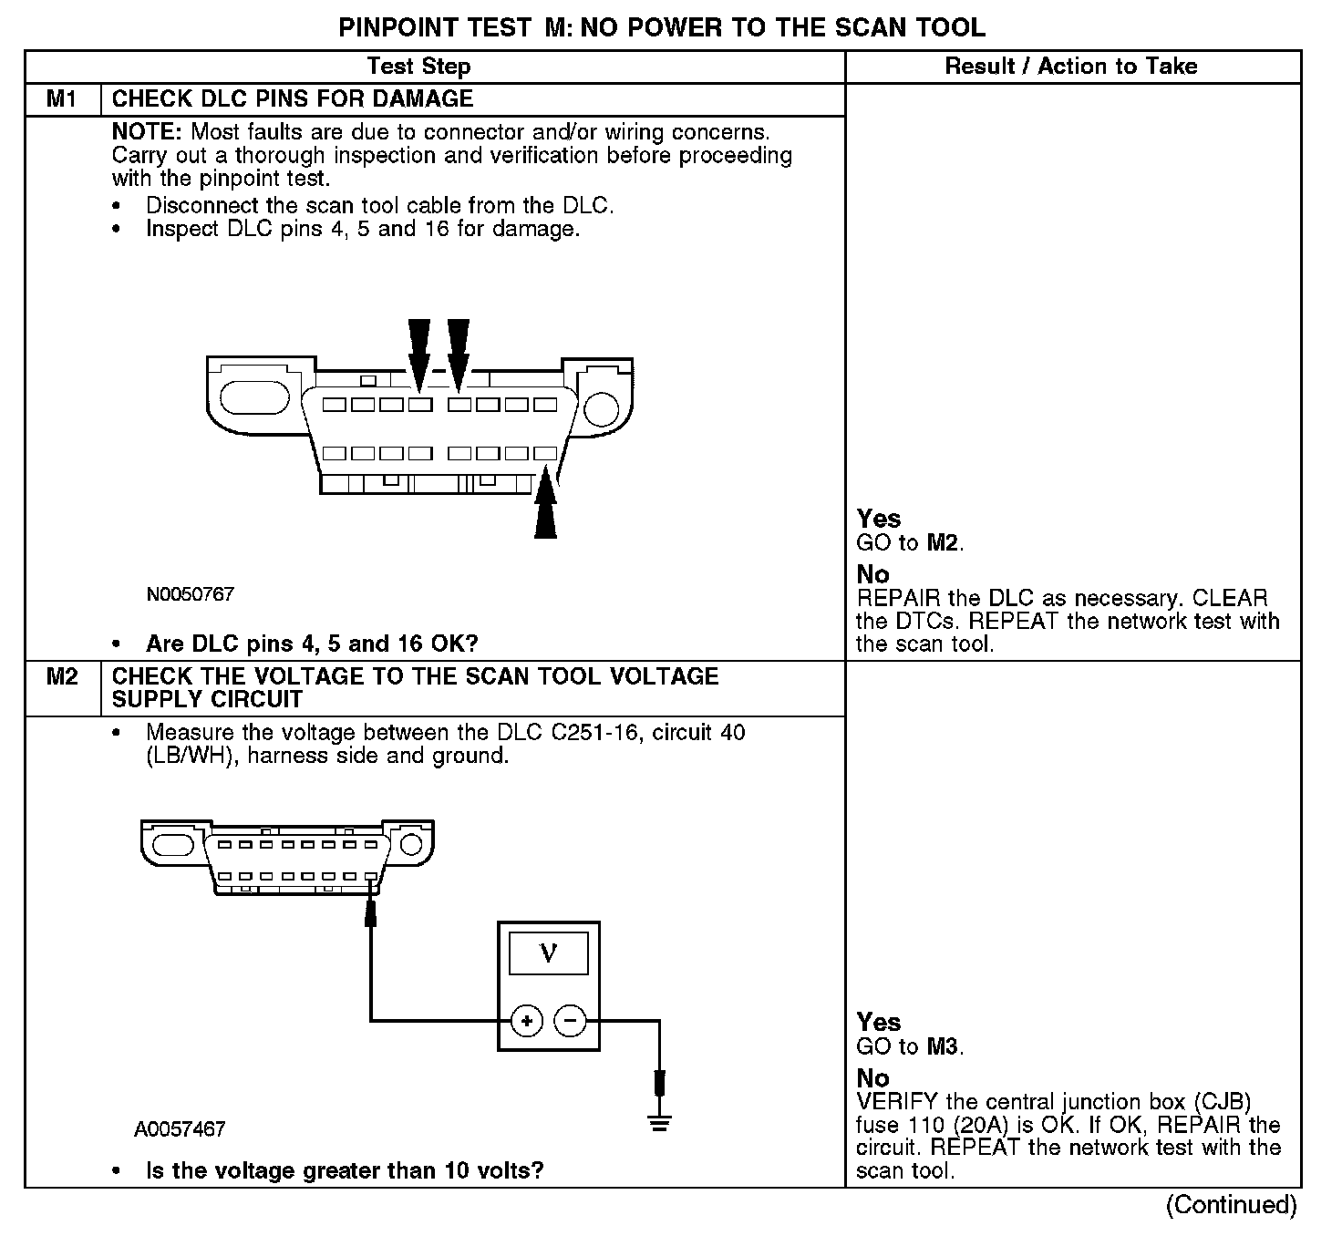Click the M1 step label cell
(x=61, y=99)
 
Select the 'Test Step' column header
(x=418, y=67)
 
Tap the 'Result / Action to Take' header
(x=1071, y=67)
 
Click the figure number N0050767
(x=191, y=594)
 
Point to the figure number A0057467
(x=180, y=1129)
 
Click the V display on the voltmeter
(x=548, y=953)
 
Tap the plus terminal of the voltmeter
(x=526, y=1020)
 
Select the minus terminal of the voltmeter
(x=571, y=1020)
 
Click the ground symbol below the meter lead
(x=660, y=1122)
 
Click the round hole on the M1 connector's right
(x=601, y=407)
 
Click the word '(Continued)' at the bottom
(x=1231, y=1205)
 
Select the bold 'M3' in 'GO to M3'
(x=943, y=1046)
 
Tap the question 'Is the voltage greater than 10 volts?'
(x=345, y=1169)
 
